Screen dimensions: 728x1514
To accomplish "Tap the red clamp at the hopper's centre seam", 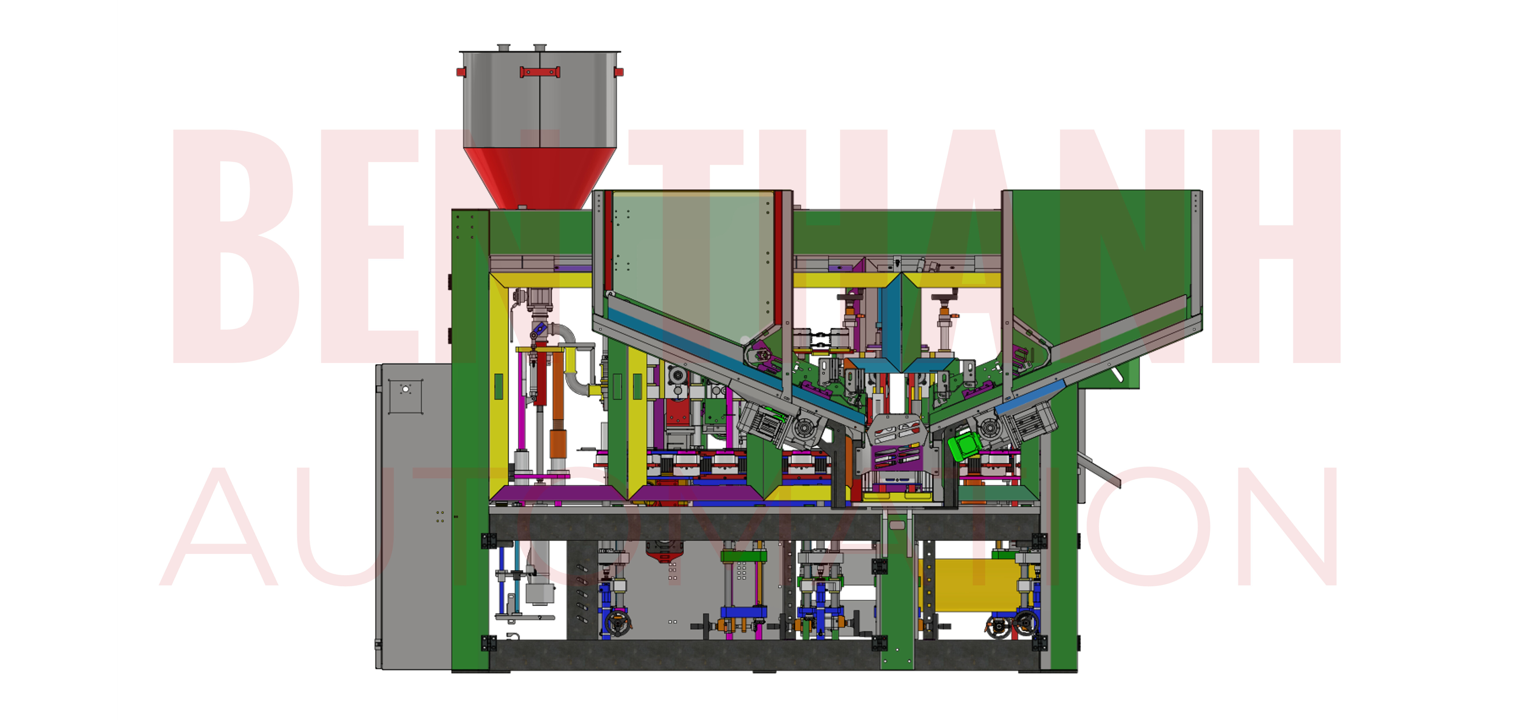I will [540, 72].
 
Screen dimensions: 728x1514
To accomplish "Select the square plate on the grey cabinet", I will [405, 396].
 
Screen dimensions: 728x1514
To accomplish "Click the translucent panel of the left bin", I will [691, 259].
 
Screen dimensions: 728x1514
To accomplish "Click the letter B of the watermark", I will [235, 247].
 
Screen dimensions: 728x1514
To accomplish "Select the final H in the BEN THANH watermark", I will [1275, 247].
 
